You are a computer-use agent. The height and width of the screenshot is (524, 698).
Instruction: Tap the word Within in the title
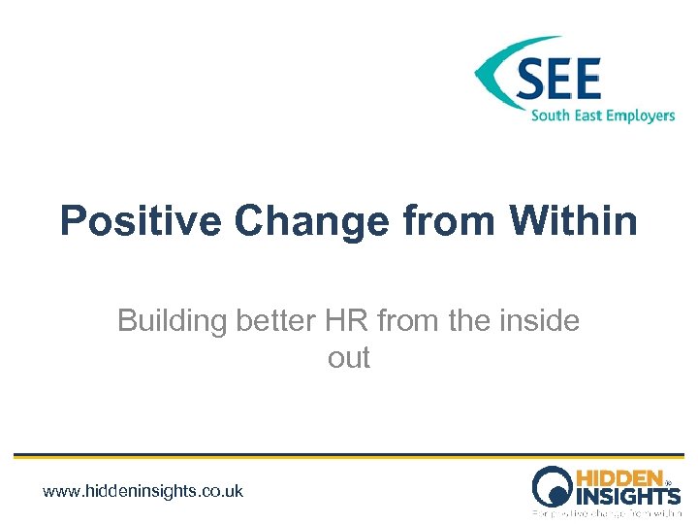tap(575, 221)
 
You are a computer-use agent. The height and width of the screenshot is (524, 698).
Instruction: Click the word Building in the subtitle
tap(172, 320)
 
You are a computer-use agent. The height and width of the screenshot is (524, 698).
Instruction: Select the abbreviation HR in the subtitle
tap(352, 320)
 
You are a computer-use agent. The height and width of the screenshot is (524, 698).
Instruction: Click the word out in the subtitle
tap(349, 358)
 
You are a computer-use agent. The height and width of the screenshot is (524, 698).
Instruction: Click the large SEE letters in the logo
tap(558, 80)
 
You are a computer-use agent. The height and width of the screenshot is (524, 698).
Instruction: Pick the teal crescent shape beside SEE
tap(496, 73)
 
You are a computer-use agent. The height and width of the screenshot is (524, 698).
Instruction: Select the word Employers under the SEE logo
tap(638, 116)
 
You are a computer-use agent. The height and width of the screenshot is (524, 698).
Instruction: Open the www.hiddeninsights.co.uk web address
tap(143, 491)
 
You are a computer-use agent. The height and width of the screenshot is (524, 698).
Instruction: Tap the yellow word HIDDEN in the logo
tap(619, 478)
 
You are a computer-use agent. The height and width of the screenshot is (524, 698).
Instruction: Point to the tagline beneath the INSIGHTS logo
tap(607, 511)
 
